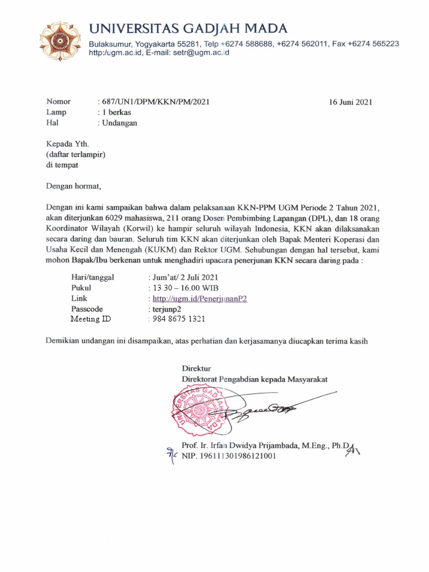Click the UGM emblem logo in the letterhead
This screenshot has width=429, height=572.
point(60,41)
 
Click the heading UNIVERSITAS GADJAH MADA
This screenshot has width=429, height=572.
point(189,28)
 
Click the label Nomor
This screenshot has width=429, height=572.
point(59,102)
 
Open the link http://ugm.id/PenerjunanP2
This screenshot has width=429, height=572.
point(197,298)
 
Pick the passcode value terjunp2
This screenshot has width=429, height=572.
point(166,309)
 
